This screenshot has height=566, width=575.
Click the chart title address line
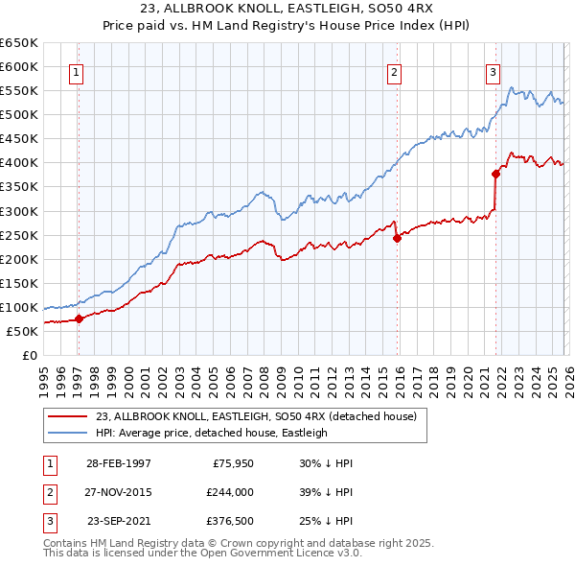pos(287,9)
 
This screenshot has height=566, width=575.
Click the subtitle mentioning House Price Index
pos(287,26)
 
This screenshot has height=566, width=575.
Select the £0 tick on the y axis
pos(31,355)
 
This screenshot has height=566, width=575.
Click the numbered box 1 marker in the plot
pos(76,70)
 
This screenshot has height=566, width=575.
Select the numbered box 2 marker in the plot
pos(394,70)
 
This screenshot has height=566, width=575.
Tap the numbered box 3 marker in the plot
pos(493,70)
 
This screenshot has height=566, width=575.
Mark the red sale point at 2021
pos(495,174)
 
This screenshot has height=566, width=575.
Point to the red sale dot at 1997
pos(80,318)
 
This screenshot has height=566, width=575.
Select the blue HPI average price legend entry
pos(212,433)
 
